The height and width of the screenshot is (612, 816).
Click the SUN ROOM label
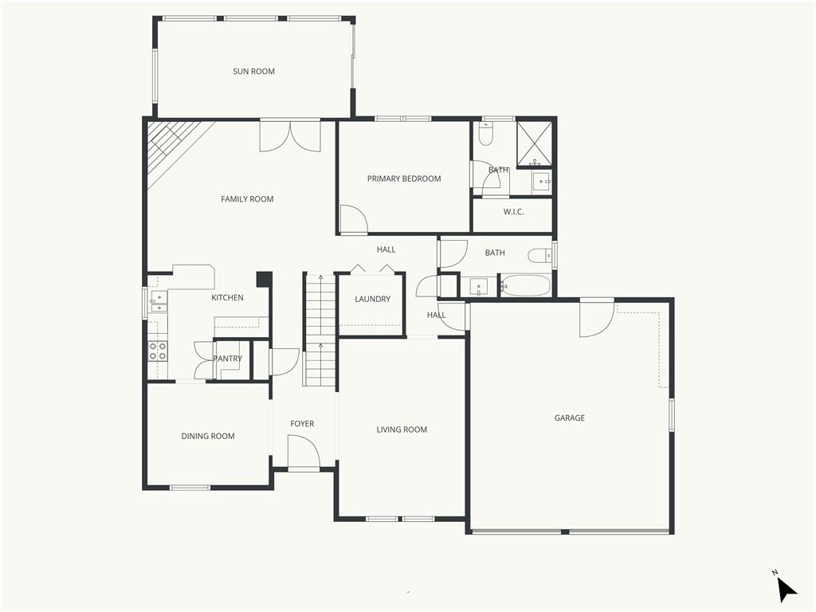click(x=253, y=71)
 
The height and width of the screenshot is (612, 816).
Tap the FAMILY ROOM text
click(x=247, y=198)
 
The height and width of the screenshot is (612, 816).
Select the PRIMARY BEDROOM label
click(x=404, y=178)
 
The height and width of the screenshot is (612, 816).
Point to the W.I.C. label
click(x=514, y=212)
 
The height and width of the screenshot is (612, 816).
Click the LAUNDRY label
click(x=373, y=299)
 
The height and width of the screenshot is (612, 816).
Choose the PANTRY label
click(x=227, y=358)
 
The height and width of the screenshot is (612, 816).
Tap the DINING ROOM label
click(x=208, y=436)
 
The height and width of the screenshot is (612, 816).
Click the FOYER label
click(x=302, y=424)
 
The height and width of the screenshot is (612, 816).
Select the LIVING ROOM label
click(x=402, y=430)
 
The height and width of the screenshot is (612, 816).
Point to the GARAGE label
click(x=569, y=418)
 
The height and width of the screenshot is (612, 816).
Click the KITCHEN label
click(x=227, y=298)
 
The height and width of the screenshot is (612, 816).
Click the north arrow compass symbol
click(x=786, y=589)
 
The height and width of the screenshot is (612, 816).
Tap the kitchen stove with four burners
click(x=159, y=351)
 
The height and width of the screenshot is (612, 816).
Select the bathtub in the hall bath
click(x=524, y=286)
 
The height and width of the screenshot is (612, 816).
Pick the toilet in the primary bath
click(x=486, y=135)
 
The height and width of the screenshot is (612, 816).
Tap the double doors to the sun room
click(x=290, y=136)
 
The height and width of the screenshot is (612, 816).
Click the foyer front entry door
click(x=304, y=452)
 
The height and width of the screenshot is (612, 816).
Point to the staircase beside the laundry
click(x=320, y=329)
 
